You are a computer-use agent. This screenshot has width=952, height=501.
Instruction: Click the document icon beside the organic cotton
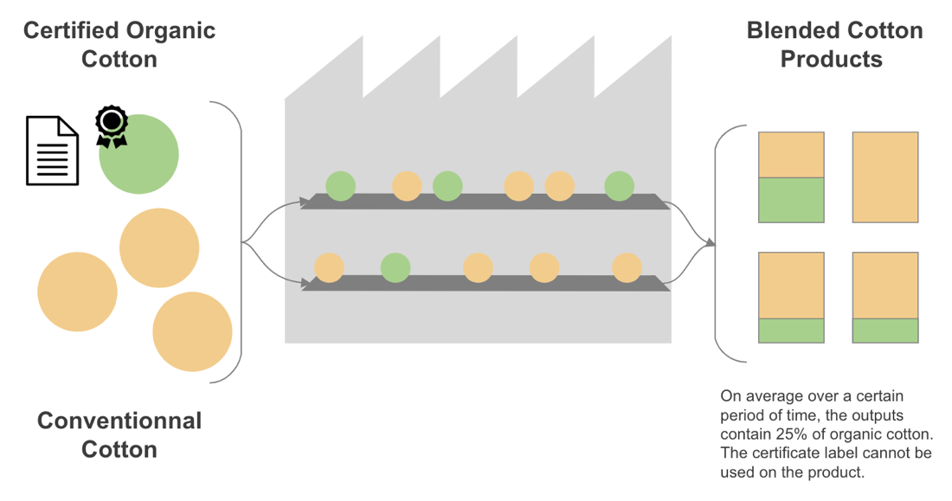(x=52, y=151)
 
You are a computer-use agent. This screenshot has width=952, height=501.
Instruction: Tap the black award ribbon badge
(x=111, y=126)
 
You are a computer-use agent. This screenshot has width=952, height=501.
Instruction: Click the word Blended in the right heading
(x=791, y=31)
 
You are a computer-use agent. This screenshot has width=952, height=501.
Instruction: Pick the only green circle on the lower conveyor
(x=395, y=267)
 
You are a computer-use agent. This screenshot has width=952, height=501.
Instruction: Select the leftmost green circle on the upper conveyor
(x=340, y=185)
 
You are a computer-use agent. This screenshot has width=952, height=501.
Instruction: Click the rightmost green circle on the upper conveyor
(x=619, y=185)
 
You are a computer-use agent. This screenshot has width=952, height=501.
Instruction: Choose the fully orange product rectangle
(x=884, y=177)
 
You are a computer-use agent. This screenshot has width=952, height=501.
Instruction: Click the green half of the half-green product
(x=791, y=200)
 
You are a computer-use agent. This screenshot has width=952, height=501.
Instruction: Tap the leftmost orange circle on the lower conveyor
(x=329, y=267)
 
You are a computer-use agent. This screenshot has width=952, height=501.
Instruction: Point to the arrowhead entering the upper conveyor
(x=306, y=202)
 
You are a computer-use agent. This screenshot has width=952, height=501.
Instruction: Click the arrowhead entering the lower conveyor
(x=306, y=283)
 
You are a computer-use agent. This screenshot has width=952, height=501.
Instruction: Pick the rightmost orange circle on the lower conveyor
(x=627, y=267)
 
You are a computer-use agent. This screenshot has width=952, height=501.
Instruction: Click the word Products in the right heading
(x=831, y=59)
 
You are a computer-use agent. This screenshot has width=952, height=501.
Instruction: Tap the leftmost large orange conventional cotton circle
(x=77, y=291)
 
